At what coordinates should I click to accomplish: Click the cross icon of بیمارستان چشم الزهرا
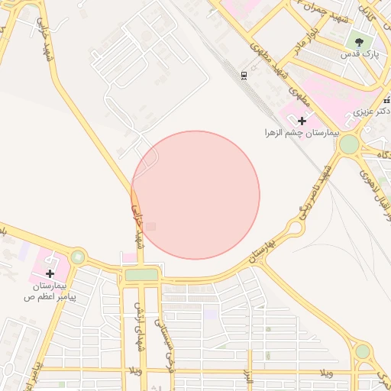click(x=302, y=121)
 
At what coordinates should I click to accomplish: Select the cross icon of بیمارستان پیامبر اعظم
click(x=50, y=273)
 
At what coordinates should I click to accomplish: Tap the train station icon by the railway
click(x=244, y=75)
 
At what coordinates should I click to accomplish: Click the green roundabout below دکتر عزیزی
click(x=349, y=144)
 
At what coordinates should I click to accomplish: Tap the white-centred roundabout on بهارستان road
click(x=296, y=228)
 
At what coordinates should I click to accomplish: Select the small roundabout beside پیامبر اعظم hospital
click(x=77, y=257)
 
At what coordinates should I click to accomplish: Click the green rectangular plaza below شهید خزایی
click(x=141, y=274)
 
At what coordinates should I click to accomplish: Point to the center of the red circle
click(x=195, y=195)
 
